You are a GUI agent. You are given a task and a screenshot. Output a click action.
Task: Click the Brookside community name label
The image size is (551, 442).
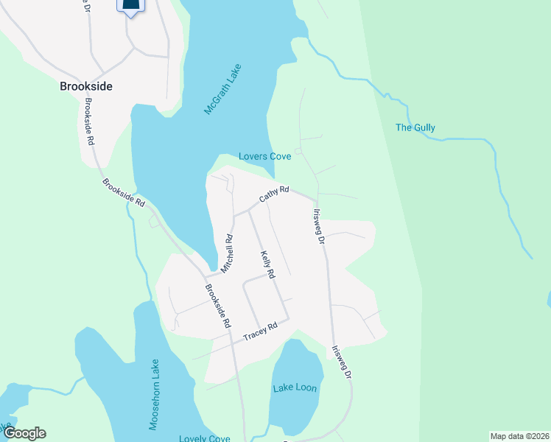(86, 86)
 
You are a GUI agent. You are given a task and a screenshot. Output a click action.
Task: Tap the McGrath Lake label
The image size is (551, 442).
(223, 88)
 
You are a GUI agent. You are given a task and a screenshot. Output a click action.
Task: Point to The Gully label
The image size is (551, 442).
(415, 127)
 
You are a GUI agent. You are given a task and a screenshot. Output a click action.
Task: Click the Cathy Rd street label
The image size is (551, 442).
(274, 194)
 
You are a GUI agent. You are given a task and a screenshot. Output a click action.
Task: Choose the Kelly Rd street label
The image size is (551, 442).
(267, 264)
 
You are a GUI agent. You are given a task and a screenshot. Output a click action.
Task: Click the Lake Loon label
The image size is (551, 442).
(295, 388)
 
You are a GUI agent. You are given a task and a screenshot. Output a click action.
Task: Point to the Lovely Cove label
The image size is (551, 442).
(204, 438)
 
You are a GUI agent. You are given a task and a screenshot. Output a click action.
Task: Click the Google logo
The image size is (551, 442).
(24, 433)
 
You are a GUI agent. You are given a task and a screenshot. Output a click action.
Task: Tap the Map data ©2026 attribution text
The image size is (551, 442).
(519, 436)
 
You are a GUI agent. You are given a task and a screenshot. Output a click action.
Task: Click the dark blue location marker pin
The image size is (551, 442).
(130, 6)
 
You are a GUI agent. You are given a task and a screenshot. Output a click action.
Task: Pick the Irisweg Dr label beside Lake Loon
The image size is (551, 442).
(340, 362)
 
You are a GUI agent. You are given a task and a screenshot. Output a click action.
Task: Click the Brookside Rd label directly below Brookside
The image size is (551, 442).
(91, 121)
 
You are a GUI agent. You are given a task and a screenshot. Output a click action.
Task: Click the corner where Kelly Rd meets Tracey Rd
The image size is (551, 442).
(288, 318)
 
